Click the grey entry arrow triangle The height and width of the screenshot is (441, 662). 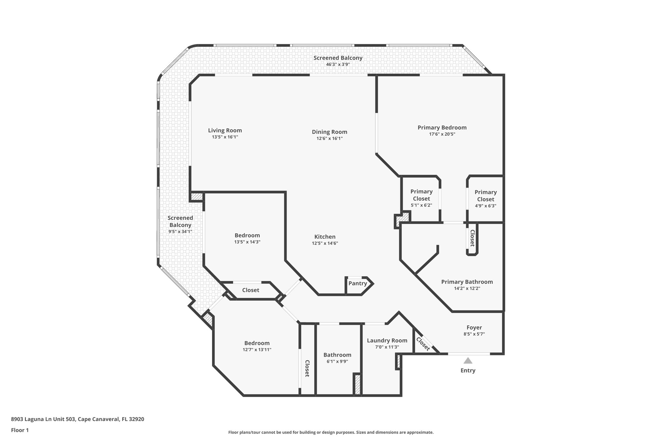pyautogui.click(x=468, y=361)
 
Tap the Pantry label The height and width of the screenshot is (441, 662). pyautogui.click(x=358, y=283)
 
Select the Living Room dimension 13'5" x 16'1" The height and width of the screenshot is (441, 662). pyautogui.click(x=225, y=137)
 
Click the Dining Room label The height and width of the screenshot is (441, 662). pyautogui.click(x=329, y=132)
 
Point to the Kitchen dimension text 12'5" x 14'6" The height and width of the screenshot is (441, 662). pyautogui.click(x=325, y=243)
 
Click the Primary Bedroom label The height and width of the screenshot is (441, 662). pyautogui.click(x=442, y=128)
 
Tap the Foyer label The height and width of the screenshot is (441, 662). pyautogui.click(x=474, y=328)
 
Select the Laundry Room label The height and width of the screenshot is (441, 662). pyautogui.click(x=387, y=341)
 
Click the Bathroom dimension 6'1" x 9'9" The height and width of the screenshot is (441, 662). pyautogui.click(x=337, y=362)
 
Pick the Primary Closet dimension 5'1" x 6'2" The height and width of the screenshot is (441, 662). pyautogui.click(x=421, y=205)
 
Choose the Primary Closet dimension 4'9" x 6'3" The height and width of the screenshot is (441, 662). pyautogui.click(x=486, y=206)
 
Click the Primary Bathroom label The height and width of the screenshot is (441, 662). pyautogui.click(x=467, y=282)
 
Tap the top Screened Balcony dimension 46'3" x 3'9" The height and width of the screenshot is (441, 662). pyautogui.click(x=338, y=64)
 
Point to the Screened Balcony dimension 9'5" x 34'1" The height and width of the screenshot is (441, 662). pyautogui.click(x=180, y=231)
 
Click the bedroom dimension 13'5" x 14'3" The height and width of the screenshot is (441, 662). pyautogui.click(x=247, y=242)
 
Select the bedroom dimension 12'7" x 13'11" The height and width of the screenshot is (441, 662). pyautogui.click(x=257, y=350)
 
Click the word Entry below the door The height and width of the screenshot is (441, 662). pyautogui.click(x=468, y=371)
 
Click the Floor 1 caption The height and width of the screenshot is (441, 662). pyautogui.click(x=20, y=430)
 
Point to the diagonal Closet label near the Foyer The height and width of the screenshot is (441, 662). pyautogui.click(x=423, y=344)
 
